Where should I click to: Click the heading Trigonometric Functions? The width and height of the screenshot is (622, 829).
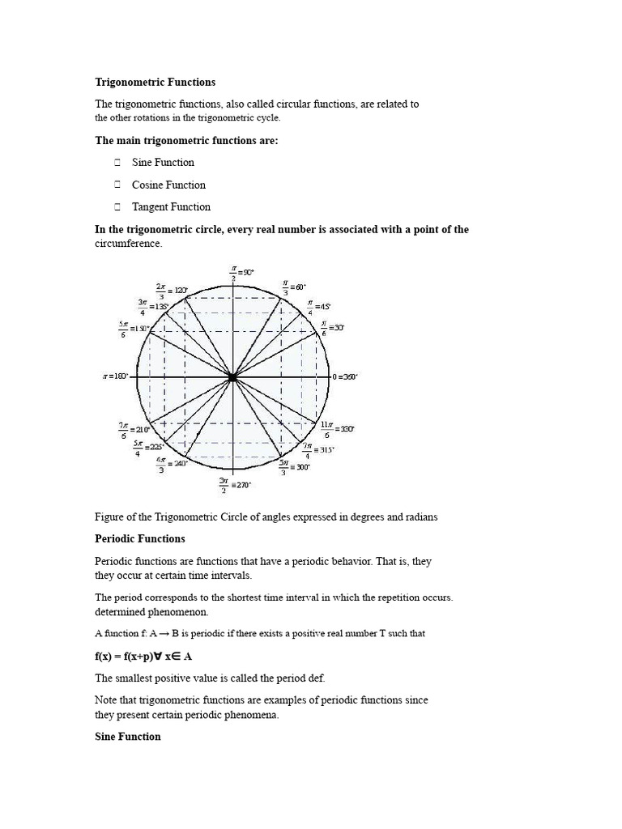point(155,82)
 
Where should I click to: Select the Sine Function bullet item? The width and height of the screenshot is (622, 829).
point(163,163)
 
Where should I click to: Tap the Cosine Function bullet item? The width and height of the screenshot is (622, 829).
point(168,185)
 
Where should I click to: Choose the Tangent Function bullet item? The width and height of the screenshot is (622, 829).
point(171,206)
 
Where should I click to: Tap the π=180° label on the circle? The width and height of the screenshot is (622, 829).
point(116,377)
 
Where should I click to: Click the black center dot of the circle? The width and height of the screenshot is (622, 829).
point(232,377)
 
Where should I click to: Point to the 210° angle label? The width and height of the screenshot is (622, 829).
point(134,428)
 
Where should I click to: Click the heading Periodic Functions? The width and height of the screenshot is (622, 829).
point(140,538)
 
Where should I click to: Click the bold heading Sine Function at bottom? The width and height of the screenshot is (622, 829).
point(128,737)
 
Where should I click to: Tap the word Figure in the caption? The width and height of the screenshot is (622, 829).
point(111,517)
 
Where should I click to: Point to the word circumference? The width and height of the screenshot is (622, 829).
point(129,243)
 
